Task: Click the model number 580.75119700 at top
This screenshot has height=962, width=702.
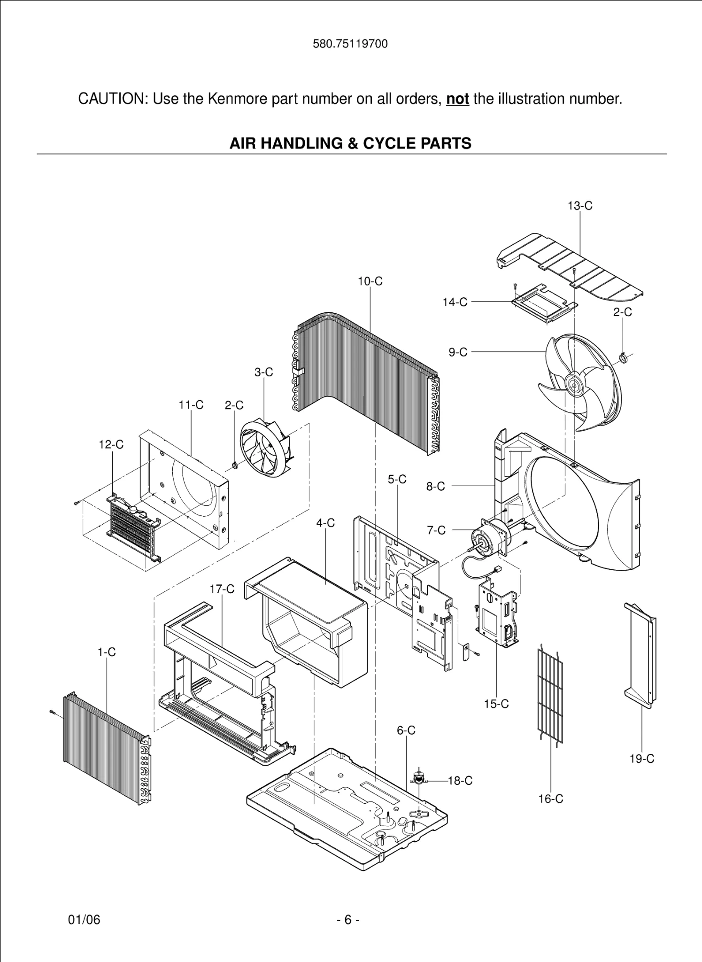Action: (x=350, y=44)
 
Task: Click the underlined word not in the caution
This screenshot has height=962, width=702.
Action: (x=457, y=99)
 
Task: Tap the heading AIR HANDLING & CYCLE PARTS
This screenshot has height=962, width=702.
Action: (x=350, y=143)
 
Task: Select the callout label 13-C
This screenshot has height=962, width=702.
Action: (x=580, y=206)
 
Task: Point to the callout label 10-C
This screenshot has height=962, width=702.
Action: (x=370, y=281)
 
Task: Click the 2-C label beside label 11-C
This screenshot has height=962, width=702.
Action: (x=234, y=405)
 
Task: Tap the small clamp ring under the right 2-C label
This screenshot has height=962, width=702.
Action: (x=623, y=359)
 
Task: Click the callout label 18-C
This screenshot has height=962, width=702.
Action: (x=460, y=781)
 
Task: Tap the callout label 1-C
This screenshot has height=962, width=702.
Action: (x=107, y=652)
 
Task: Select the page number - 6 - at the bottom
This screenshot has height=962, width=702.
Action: (x=348, y=920)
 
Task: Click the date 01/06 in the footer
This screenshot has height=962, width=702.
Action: (x=85, y=920)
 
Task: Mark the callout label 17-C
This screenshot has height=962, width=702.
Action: (x=222, y=589)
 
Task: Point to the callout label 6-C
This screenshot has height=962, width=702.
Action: (x=406, y=730)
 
